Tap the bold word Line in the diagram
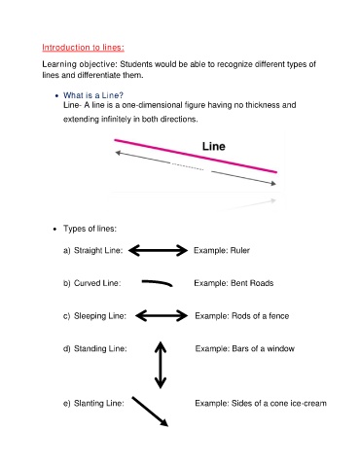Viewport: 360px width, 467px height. click(214, 146)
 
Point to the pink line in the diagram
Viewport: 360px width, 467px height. click(195, 156)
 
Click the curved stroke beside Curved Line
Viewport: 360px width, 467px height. click(158, 283)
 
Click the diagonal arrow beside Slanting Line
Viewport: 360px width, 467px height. click(151, 411)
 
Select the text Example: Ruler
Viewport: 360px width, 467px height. click(223, 250)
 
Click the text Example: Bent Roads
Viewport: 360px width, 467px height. click(234, 283)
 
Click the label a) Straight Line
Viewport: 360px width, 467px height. click(92, 250)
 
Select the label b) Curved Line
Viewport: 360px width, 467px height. click(91, 283)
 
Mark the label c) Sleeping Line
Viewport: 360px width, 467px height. click(94, 315)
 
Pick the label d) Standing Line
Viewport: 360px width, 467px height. click(94, 348)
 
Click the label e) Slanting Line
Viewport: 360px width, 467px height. click(93, 403)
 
